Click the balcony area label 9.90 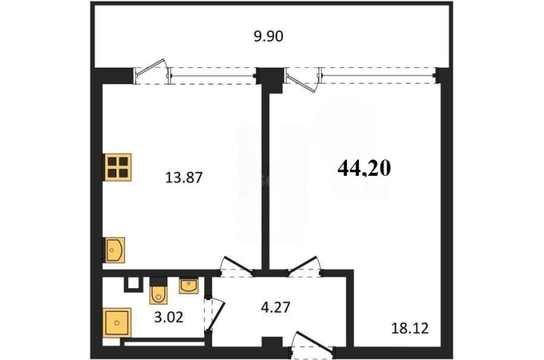point(268,36)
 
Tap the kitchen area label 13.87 point(184,178)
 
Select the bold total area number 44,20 point(365,169)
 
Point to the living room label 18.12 point(410,328)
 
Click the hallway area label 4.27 point(275,307)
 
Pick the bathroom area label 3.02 point(169,317)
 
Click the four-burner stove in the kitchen point(117,167)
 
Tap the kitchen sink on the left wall point(114,249)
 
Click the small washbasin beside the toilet point(189,286)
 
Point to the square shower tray point(117,323)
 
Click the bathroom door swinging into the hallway point(214,314)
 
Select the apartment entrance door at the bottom point(312,344)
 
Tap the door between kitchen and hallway point(237,267)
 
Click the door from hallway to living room point(304,267)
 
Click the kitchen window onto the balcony point(213,76)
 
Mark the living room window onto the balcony point(379,76)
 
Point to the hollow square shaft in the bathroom point(134,284)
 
